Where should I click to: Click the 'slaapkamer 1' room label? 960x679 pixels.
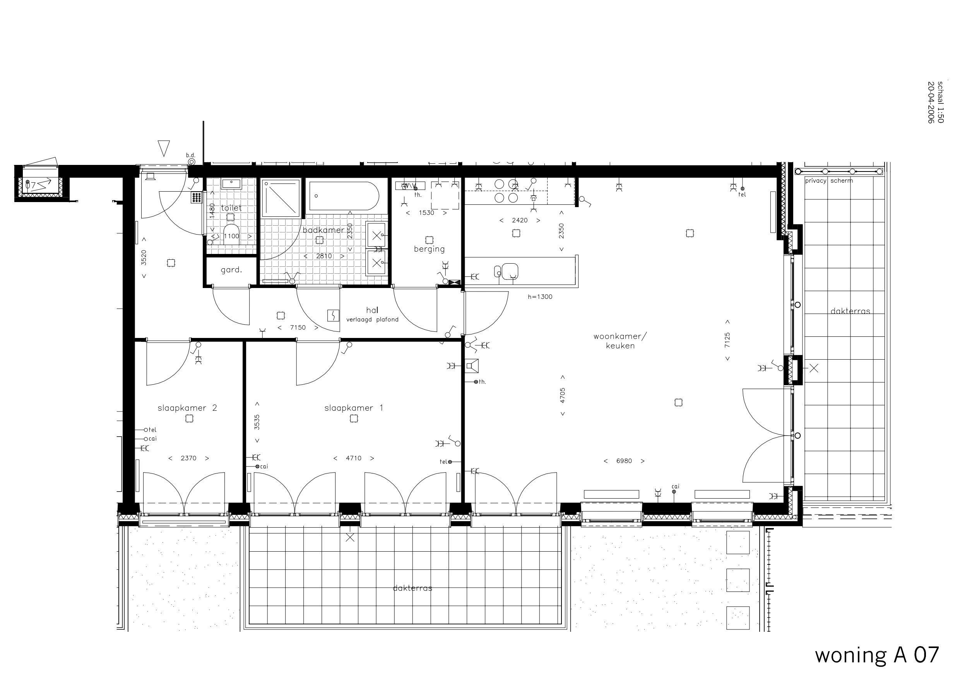click(x=353, y=408)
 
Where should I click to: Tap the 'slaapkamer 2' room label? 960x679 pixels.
click(x=187, y=408)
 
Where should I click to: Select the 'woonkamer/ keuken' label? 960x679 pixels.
click(x=620, y=341)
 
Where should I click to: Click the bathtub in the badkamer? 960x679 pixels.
click(x=344, y=196)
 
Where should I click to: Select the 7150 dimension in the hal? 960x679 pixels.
click(x=298, y=327)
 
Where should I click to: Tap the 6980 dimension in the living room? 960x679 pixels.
click(x=624, y=461)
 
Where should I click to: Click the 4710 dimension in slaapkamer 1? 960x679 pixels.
click(x=353, y=458)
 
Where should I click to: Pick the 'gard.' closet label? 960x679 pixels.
click(x=231, y=270)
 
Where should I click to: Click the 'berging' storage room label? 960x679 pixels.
click(x=429, y=249)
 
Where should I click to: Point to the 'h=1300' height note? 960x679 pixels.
click(x=540, y=297)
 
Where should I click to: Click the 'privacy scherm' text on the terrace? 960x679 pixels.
click(x=829, y=181)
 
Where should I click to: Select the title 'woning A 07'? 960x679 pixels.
click(x=876, y=654)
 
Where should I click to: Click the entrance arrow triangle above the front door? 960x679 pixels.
click(x=164, y=147)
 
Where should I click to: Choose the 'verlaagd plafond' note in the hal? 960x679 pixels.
click(x=372, y=320)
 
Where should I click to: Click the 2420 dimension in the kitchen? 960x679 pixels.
click(x=519, y=221)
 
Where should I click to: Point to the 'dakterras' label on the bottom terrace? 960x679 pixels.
click(x=412, y=588)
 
